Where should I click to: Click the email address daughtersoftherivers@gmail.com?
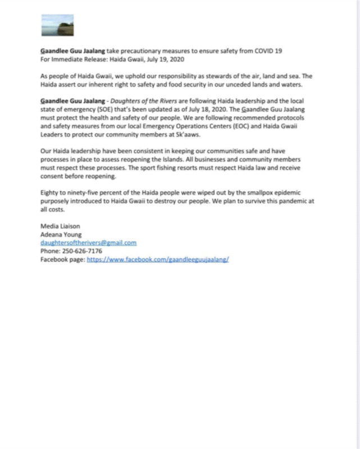click(x=88, y=243)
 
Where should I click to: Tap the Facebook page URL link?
click(x=157, y=260)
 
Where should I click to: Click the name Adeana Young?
click(x=60, y=235)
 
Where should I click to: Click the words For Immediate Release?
click(x=71, y=59)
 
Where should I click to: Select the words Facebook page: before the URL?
click(x=62, y=260)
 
